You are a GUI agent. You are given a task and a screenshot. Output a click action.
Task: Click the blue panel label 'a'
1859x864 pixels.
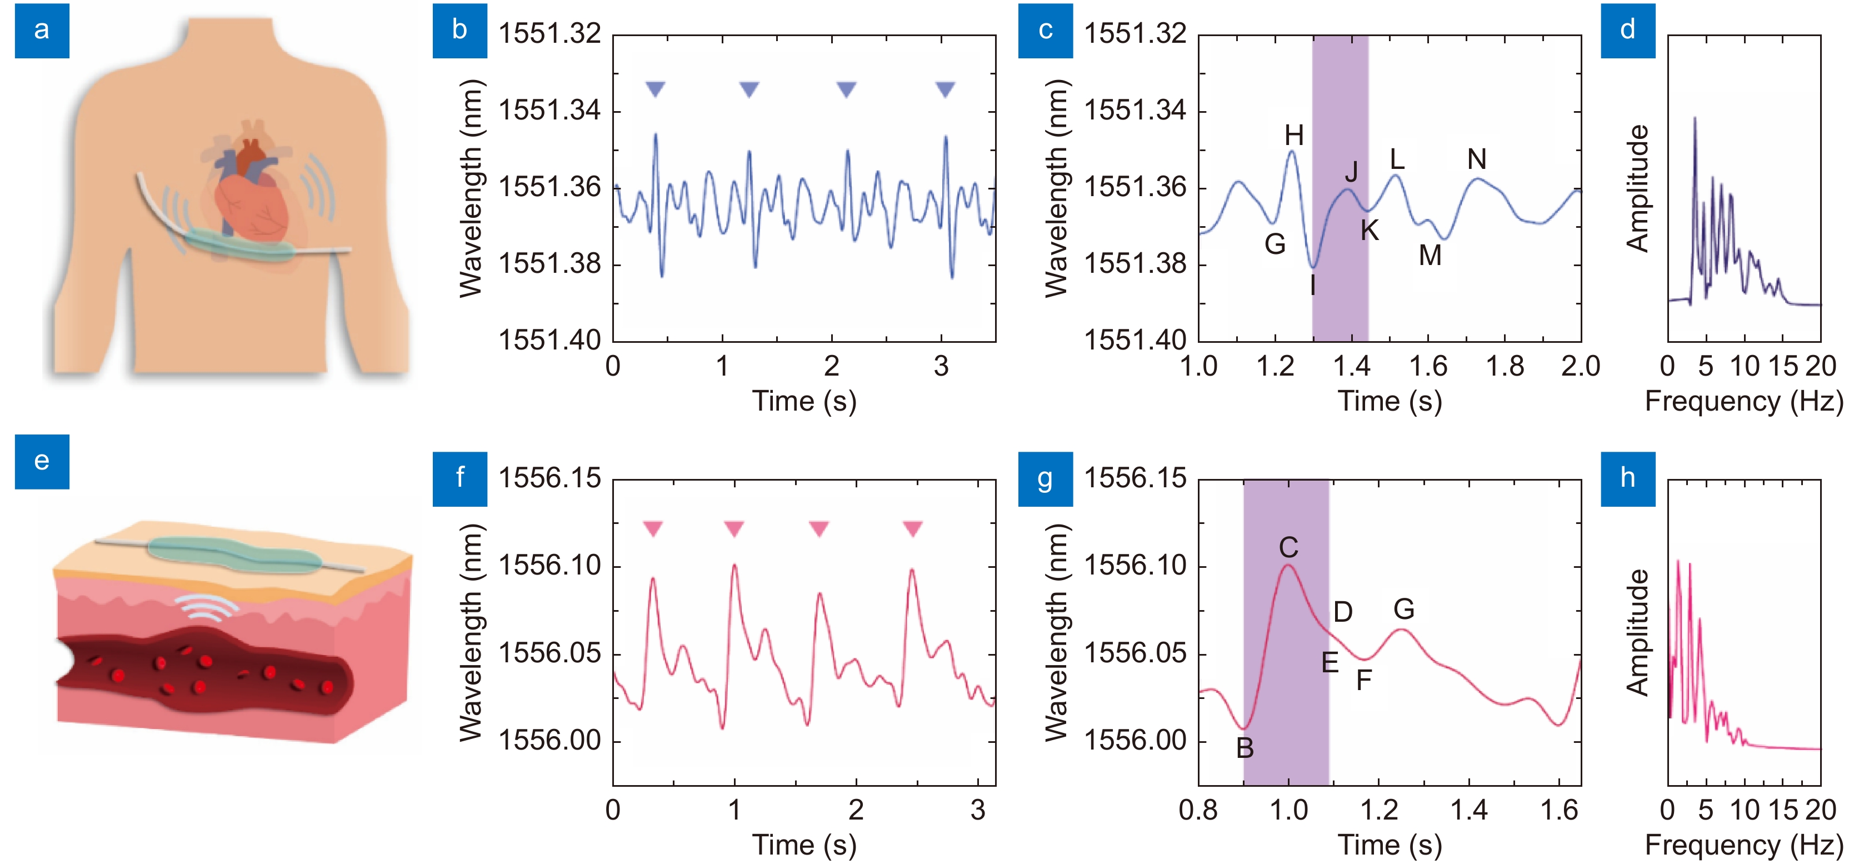[x=42, y=31]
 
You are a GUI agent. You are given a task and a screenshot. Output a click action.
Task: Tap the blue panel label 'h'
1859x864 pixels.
[x=1627, y=478]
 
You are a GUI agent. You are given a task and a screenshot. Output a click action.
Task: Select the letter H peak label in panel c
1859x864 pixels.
[x=1294, y=135]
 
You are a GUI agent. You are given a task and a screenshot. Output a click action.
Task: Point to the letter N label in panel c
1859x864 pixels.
[x=1477, y=159]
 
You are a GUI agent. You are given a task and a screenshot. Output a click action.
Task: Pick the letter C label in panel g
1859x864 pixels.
[x=1288, y=548]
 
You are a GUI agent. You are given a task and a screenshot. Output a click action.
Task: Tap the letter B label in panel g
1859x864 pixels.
[x=1245, y=748]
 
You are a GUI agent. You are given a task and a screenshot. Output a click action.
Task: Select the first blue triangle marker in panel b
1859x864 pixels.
[x=655, y=89]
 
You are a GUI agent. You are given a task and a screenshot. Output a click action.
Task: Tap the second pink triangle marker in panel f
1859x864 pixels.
[x=734, y=529]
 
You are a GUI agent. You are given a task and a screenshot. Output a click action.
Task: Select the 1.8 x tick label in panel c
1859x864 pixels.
[x=1505, y=367]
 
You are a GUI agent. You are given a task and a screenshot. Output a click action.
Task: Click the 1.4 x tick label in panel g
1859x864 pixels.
[x=1470, y=811]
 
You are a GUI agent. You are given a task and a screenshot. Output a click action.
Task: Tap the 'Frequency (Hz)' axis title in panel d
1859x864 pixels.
[x=1743, y=401]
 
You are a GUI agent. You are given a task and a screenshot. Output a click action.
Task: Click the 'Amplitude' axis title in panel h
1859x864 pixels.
[x=1638, y=632]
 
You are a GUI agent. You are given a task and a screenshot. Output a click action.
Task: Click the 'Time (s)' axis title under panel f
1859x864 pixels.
[x=804, y=845]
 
